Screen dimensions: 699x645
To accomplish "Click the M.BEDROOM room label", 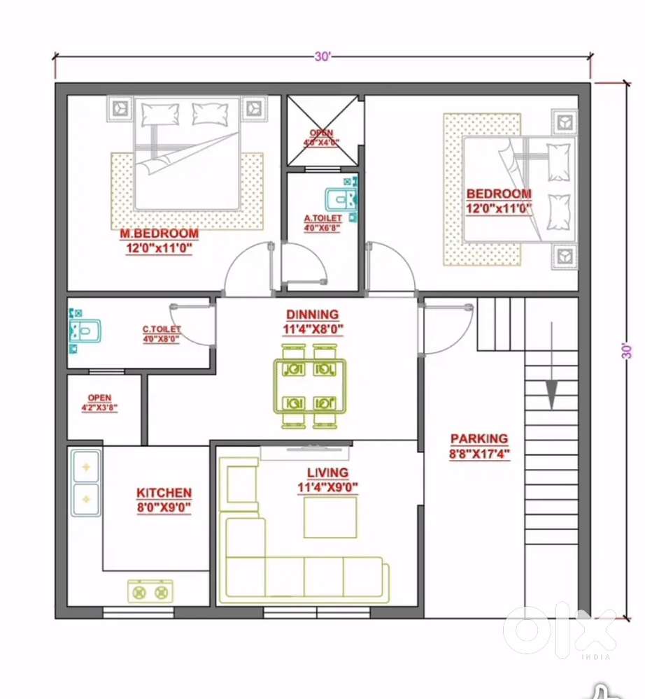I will click(158, 233).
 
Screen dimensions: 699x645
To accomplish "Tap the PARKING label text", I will click(479, 439).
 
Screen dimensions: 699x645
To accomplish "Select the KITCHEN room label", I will click(164, 493).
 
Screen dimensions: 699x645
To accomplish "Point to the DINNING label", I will click(312, 315).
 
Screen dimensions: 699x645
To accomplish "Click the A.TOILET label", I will click(322, 219).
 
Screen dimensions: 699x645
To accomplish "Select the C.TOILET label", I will click(162, 329).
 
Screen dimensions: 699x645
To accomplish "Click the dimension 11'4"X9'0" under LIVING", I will click(327, 487).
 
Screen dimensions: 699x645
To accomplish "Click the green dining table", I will click(309, 386).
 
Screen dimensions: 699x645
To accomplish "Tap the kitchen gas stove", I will click(151, 592).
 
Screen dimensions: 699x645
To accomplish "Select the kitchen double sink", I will click(86, 482).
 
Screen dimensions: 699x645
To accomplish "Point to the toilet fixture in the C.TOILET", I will click(84, 330).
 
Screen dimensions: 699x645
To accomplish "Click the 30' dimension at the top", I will click(322, 57).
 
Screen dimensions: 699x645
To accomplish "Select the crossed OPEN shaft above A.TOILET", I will click(322, 132).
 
